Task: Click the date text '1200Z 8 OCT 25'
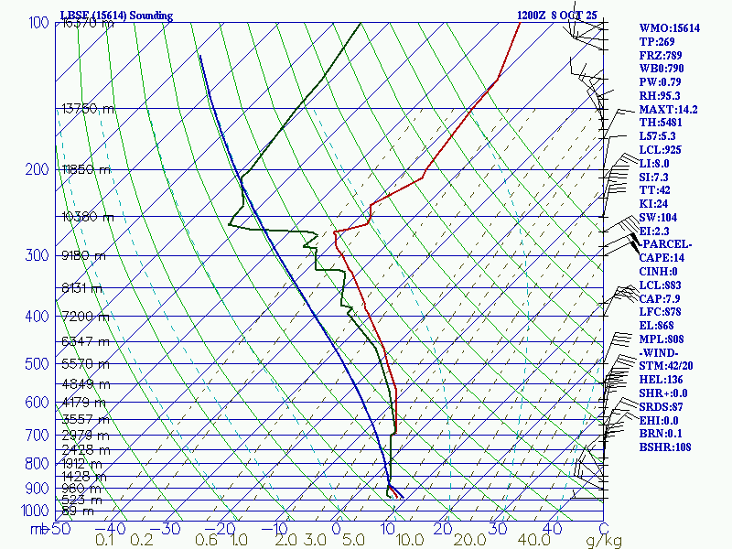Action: [556, 16]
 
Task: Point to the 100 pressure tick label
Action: [38, 22]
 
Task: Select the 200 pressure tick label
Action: [38, 169]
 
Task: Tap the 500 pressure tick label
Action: [38, 364]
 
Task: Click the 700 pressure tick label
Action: [38, 435]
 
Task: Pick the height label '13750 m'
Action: [88, 108]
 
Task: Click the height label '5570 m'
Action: [84, 364]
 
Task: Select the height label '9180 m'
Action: [84, 255]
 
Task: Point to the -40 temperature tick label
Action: [111, 528]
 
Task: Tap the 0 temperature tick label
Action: [336, 528]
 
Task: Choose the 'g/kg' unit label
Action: [603, 541]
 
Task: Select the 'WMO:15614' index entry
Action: [669, 28]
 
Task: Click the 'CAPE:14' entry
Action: [659, 258]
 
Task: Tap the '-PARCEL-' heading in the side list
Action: [665, 244]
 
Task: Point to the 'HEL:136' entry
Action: [659, 379]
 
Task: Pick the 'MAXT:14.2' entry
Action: [668, 110]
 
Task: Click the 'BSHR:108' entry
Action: [664, 447]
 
